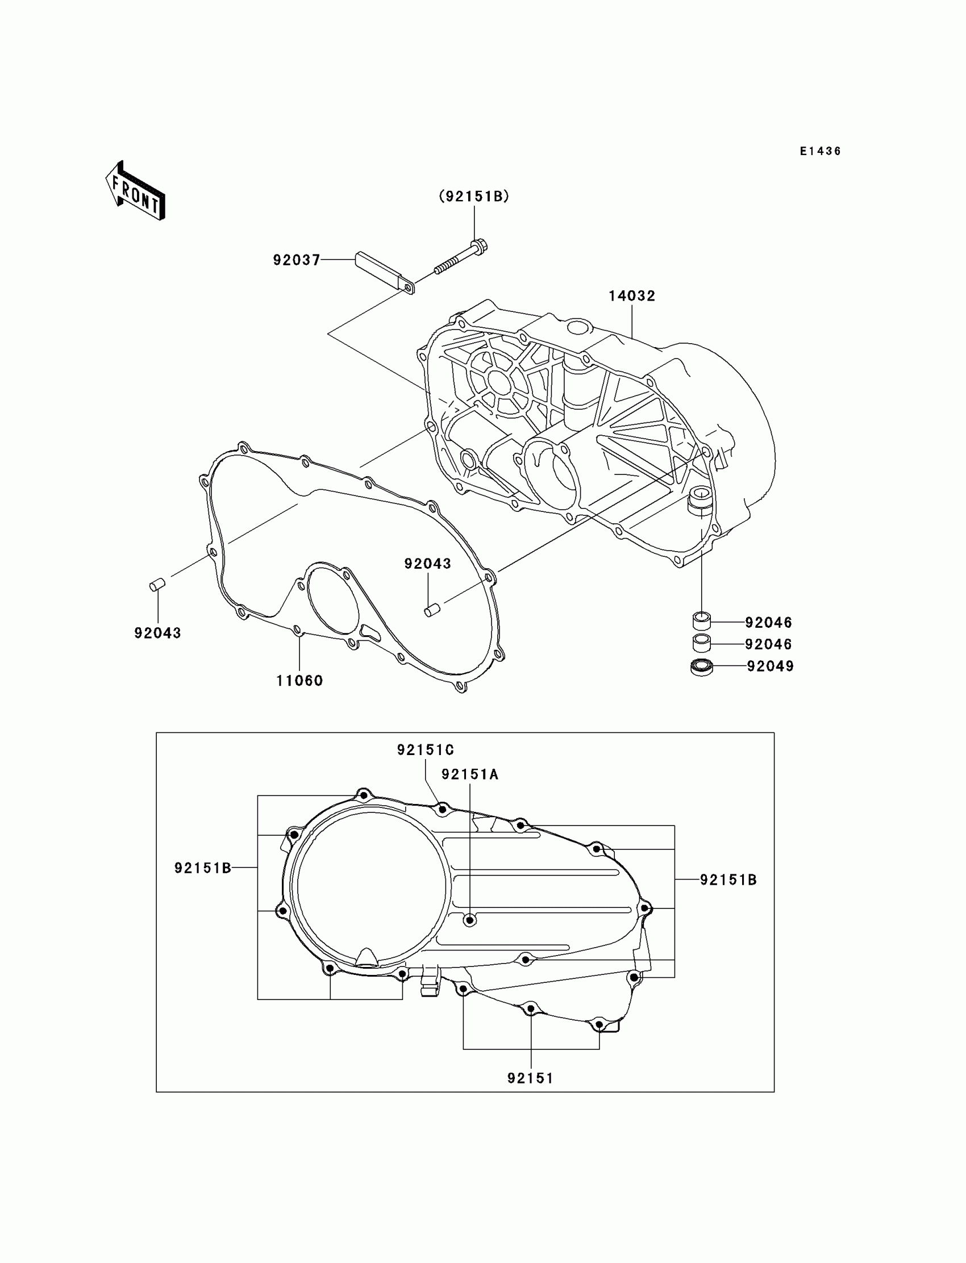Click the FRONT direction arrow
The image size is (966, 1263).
pos(135,191)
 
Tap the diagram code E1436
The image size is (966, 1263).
pos(821,151)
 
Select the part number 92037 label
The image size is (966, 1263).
pos(296,260)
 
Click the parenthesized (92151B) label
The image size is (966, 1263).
pos(474,197)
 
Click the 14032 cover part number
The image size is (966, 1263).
pos(632,296)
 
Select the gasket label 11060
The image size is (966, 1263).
pos(299,681)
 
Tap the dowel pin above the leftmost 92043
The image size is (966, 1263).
pos(157,585)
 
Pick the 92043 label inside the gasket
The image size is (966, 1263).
pos(427,564)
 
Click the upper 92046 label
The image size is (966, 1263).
pos(769,623)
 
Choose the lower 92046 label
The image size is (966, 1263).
pos(769,644)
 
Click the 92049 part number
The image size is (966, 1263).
pos(771,666)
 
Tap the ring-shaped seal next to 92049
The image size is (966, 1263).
pos(702,667)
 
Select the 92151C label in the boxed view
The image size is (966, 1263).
pos(426,750)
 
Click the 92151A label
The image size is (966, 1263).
pos(470,775)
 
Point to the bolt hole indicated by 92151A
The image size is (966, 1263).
pos(470,920)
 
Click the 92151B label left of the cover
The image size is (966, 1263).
pos(202,868)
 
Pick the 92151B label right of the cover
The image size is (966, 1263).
pos(728,879)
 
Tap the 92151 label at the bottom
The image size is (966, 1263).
pos(530,1079)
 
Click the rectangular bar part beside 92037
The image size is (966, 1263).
pos(384,273)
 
